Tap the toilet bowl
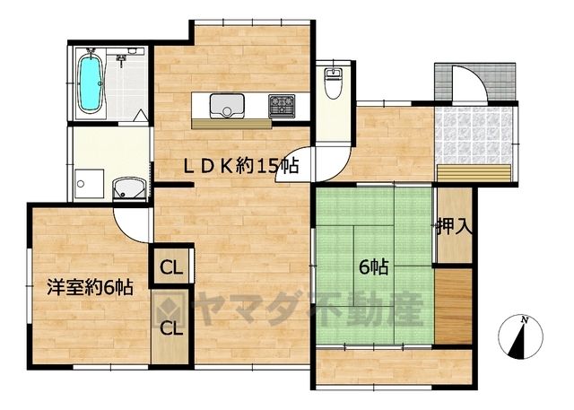point(333,83)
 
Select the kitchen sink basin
point(227,106)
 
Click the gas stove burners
point(282,106)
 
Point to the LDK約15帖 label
point(241,167)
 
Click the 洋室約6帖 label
point(90,288)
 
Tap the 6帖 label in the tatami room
point(373,267)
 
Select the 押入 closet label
point(454,227)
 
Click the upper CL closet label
point(171,268)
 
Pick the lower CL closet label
point(171,328)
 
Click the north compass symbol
point(520,336)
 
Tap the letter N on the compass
point(525,320)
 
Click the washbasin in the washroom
point(129,189)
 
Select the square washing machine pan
point(89,185)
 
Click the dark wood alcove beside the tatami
point(453,306)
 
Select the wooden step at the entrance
point(474,173)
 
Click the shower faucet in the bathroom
point(121,60)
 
